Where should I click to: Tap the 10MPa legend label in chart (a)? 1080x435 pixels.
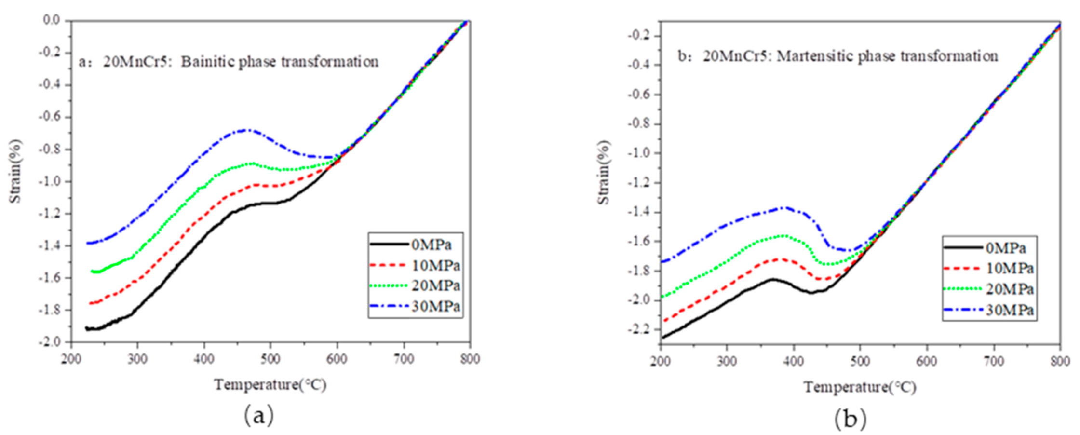[435, 265]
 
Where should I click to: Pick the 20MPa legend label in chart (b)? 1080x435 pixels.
[1010, 289]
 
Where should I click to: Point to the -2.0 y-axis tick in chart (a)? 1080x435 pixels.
[51, 342]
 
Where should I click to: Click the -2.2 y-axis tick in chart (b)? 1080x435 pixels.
[638, 329]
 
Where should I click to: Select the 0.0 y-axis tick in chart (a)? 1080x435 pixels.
[51, 20]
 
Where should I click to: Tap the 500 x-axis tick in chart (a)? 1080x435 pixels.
[270, 359]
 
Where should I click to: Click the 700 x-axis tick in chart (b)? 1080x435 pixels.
[993, 361]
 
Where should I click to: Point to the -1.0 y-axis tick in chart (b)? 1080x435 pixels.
[638, 153]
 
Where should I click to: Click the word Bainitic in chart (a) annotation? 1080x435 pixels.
[208, 62]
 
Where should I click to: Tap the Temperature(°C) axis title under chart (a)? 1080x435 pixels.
[270, 385]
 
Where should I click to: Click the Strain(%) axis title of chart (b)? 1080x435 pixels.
[604, 172]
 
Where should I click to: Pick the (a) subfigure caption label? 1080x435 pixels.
[259, 415]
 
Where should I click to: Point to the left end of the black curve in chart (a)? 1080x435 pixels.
[86, 328]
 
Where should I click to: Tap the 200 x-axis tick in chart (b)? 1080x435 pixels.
[661, 361]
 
